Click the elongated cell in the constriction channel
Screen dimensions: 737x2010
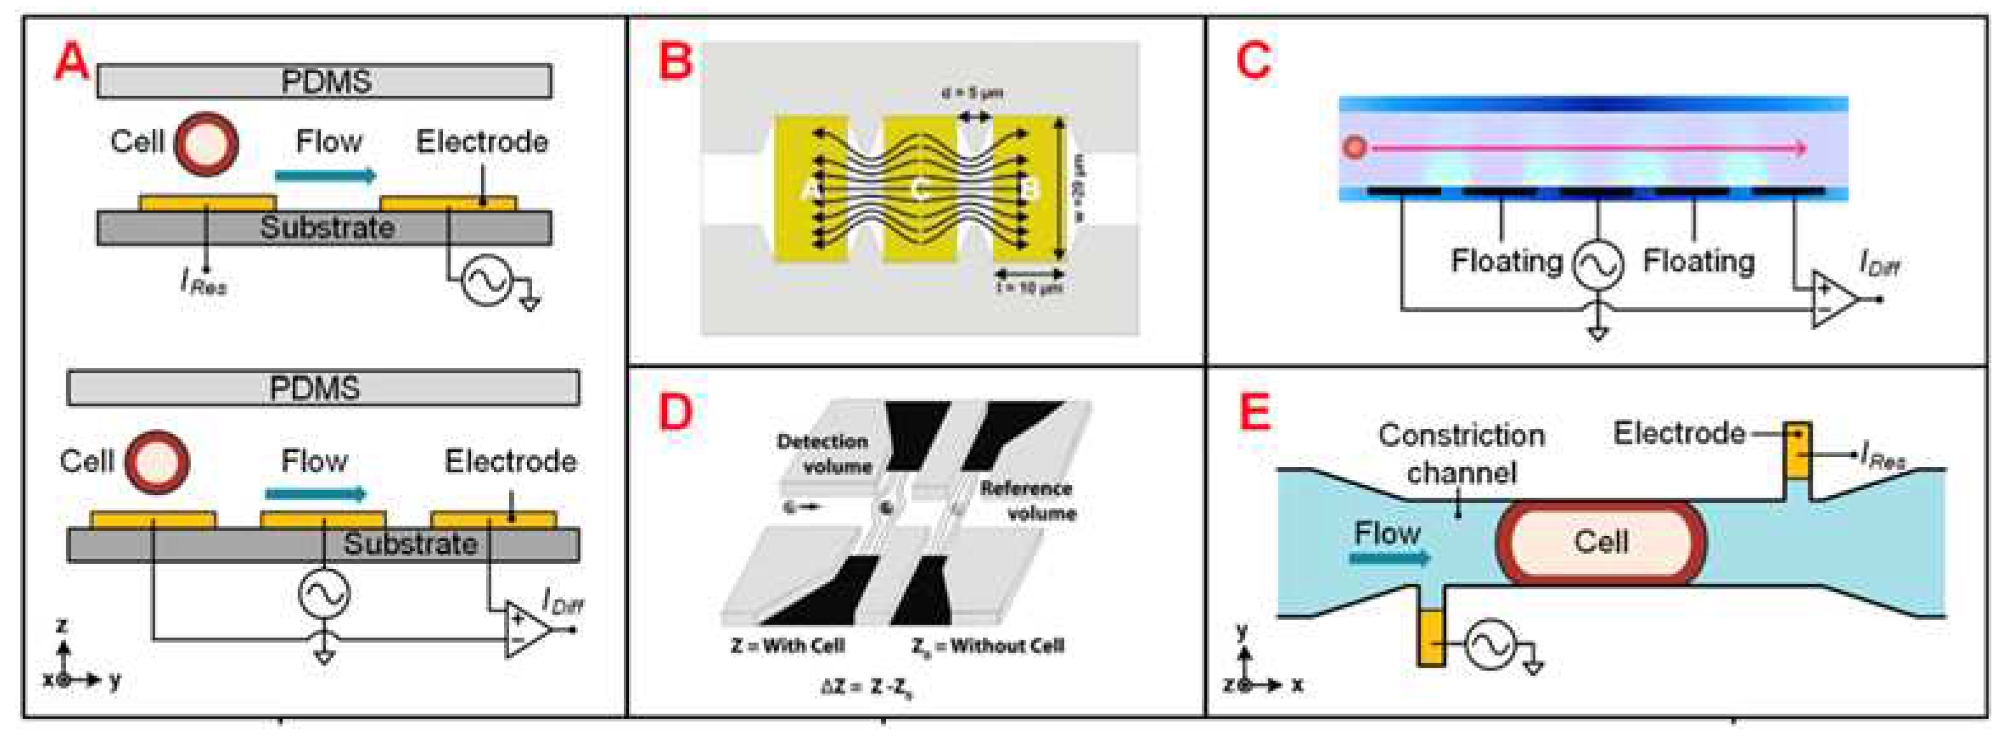(1600, 542)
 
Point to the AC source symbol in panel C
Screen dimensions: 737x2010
(1597, 265)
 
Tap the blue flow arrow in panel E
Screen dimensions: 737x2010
(1389, 557)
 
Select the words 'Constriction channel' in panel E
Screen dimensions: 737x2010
(1461, 453)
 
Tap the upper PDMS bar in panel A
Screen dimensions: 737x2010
(324, 81)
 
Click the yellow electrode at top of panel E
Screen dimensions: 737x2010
(1798, 450)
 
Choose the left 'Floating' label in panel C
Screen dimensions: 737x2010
(1506, 260)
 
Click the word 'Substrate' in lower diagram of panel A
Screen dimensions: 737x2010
(411, 544)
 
